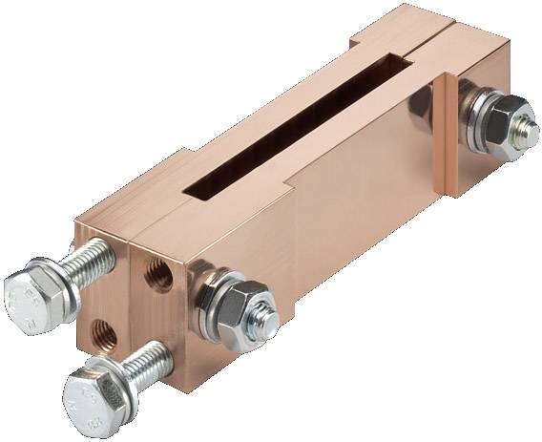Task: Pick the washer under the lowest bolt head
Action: (x=114, y=380)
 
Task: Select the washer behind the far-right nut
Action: (x=472, y=110)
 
